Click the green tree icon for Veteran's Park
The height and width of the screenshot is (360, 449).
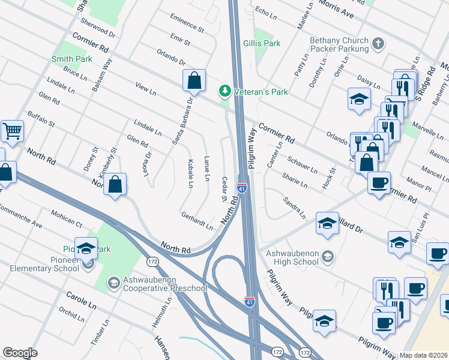coord(225,91)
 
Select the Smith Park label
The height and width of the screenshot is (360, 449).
coord(72,59)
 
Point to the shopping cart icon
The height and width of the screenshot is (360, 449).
coord(12,130)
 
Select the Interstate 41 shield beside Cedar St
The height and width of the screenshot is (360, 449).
coord(242,188)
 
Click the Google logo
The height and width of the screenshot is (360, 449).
coord(20,352)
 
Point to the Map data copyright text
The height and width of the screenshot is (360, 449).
coord(424,355)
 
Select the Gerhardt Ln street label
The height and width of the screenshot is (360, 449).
coord(197,221)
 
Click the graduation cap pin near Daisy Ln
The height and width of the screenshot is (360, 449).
coord(359,98)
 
